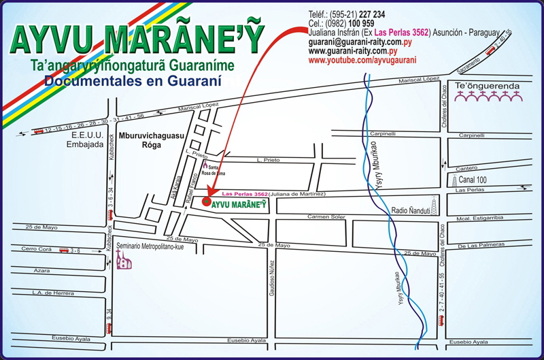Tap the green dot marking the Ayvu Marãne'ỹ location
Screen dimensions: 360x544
click(x=206, y=202)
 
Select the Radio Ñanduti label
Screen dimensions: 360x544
click(x=409, y=210)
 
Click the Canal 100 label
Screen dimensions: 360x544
click(x=475, y=180)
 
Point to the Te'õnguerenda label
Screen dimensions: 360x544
click(x=477, y=86)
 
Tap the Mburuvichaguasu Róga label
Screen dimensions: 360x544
click(x=148, y=140)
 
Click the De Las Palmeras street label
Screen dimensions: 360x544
click(x=479, y=246)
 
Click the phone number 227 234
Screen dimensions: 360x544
click(x=371, y=14)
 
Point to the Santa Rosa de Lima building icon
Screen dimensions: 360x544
click(x=204, y=165)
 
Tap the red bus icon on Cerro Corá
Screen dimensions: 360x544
click(x=64, y=250)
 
